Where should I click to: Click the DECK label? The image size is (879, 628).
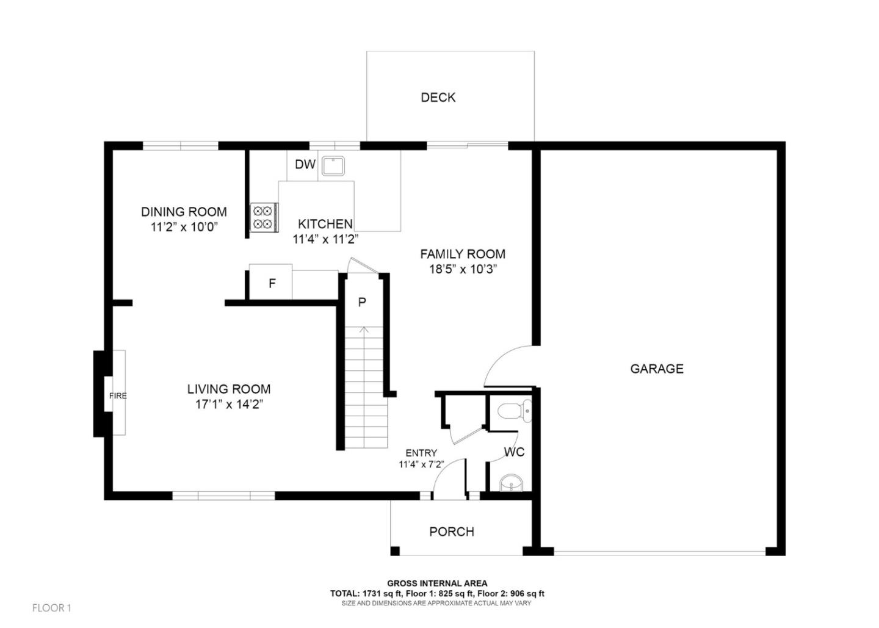point(438,98)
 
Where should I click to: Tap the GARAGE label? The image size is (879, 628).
point(657,369)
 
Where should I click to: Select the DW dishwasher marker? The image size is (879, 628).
point(305,165)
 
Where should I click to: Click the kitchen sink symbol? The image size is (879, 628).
point(333,166)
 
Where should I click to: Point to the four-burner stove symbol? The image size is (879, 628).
point(264,217)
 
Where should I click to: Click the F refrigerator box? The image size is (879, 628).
point(272,283)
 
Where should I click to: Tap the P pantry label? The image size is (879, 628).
point(362,302)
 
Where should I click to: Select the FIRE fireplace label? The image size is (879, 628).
point(118,396)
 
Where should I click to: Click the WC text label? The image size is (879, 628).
point(514,453)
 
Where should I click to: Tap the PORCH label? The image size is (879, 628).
point(452,532)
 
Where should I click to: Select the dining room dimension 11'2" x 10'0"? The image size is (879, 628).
point(184,227)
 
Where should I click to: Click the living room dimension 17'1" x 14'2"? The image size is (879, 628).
point(229,404)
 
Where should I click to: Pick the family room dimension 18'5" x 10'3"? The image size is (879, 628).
point(463,269)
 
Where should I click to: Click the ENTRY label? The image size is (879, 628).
point(421,453)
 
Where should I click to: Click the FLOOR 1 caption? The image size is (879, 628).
point(52,608)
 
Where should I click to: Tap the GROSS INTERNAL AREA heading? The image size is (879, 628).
point(437,583)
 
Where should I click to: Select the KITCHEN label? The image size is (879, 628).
point(325,224)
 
